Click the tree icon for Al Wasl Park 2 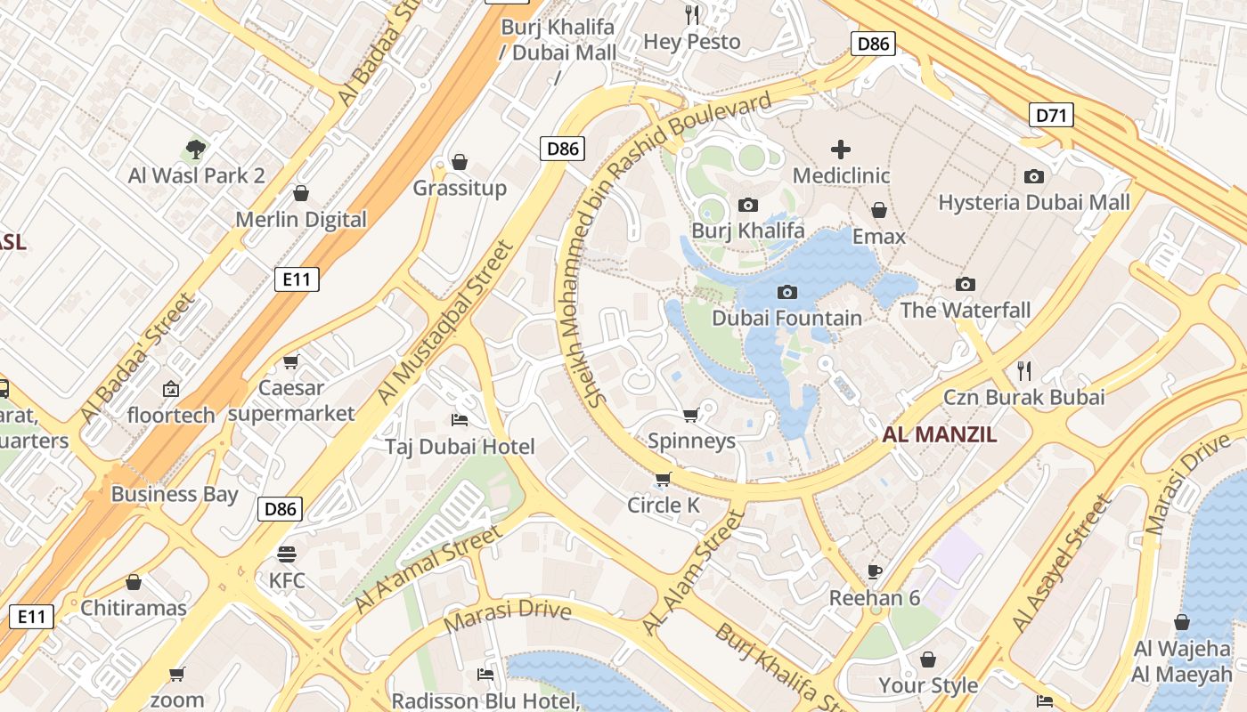(196, 149)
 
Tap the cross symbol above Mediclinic (840, 149)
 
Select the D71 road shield (1051, 115)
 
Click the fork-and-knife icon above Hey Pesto (692, 14)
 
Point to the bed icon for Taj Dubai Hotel (460, 419)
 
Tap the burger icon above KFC (287, 554)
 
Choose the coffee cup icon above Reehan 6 (875, 570)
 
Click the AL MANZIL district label (940, 435)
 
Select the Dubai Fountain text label (787, 318)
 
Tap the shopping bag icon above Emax (879, 210)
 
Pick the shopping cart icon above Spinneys (690, 415)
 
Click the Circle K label (664, 506)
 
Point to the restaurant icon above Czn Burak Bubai (1024, 369)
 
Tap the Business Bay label (175, 494)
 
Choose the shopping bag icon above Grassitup (460, 162)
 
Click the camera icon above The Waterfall (965, 284)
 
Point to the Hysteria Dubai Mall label (1034, 202)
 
